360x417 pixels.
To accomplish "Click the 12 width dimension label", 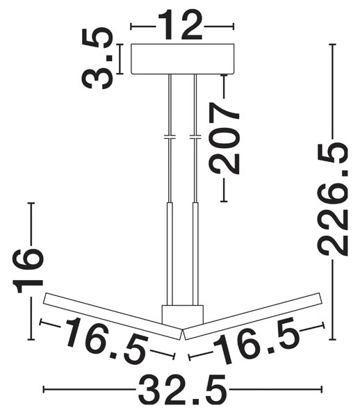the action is coord(180,25).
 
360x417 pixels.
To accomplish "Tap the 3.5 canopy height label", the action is coord(97,58).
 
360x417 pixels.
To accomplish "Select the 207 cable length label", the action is coord(224,138).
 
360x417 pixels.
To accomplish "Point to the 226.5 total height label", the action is coord(334,199).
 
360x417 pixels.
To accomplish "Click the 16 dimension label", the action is coord(27,271).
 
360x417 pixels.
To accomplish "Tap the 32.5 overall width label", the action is coord(182,389).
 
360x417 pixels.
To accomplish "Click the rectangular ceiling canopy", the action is coord(183,59).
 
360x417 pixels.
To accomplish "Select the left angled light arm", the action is coord(113,316).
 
